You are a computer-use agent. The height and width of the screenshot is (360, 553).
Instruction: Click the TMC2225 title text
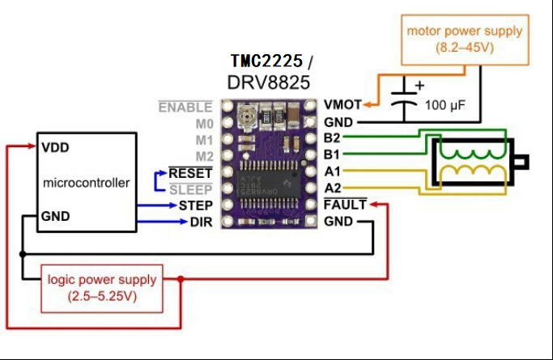coord(266,61)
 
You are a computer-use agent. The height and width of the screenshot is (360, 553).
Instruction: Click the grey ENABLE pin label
coord(185,107)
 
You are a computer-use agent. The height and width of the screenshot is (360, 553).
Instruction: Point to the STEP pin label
coord(196,206)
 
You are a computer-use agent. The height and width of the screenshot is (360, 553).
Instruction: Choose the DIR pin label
coord(201,222)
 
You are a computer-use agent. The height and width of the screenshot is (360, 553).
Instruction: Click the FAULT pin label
coord(344,205)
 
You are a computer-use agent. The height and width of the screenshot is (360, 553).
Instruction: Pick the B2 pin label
coord(332,138)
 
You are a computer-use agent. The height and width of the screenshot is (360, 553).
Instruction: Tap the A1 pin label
coord(332,172)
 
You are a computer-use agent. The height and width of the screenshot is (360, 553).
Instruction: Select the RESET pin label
coord(190,173)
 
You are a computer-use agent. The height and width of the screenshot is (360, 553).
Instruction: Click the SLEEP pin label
coord(191,189)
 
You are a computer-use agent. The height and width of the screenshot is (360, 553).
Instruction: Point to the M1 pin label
coord(204,140)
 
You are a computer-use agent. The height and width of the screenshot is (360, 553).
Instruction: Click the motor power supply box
coord(464,40)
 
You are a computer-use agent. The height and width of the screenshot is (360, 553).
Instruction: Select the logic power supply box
coord(101,287)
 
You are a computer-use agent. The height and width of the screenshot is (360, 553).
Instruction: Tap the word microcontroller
coord(86,183)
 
